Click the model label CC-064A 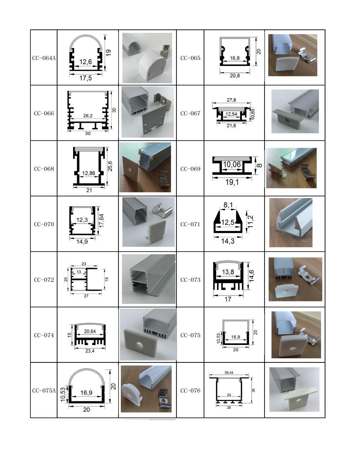(44, 58)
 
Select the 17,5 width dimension (85, 78)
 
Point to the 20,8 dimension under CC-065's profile (235, 76)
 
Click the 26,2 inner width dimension (88, 116)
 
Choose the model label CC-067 (190, 113)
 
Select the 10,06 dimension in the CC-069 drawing (232, 165)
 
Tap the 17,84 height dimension (102, 220)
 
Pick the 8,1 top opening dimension (228, 205)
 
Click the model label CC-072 (44, 280)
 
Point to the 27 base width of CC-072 (86, 296)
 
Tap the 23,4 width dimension (90, 351)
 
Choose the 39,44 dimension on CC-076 (229, 372)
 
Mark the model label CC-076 (190, 391)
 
